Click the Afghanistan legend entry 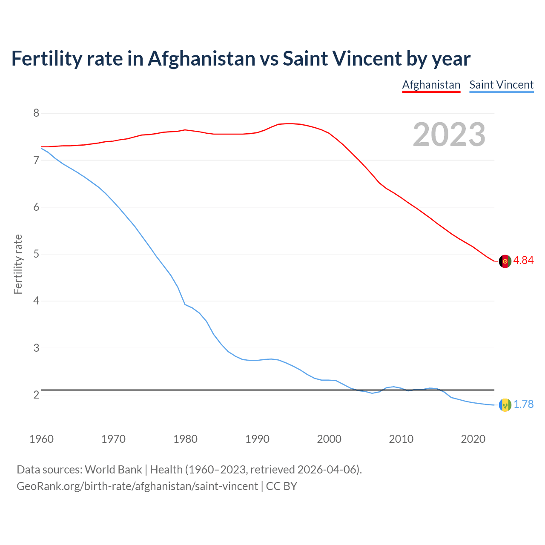[431, 85]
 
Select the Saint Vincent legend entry [501, 85]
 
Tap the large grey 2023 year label [449, 135]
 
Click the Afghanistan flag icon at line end [505, 261]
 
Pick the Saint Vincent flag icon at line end [505, 405]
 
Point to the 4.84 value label [523, 260]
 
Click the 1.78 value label [523, 404]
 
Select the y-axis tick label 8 [36, 113]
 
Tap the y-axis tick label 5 [36, 254]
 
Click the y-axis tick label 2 [36, 395]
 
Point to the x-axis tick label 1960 [41, 439]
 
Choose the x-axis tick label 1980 [185, 439]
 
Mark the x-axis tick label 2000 [329, 439]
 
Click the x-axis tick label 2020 [473, 439]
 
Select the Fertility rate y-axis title [18, 264]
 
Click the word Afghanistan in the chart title [201, 59]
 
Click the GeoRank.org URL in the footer [137, 486]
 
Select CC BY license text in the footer [281, 486]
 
